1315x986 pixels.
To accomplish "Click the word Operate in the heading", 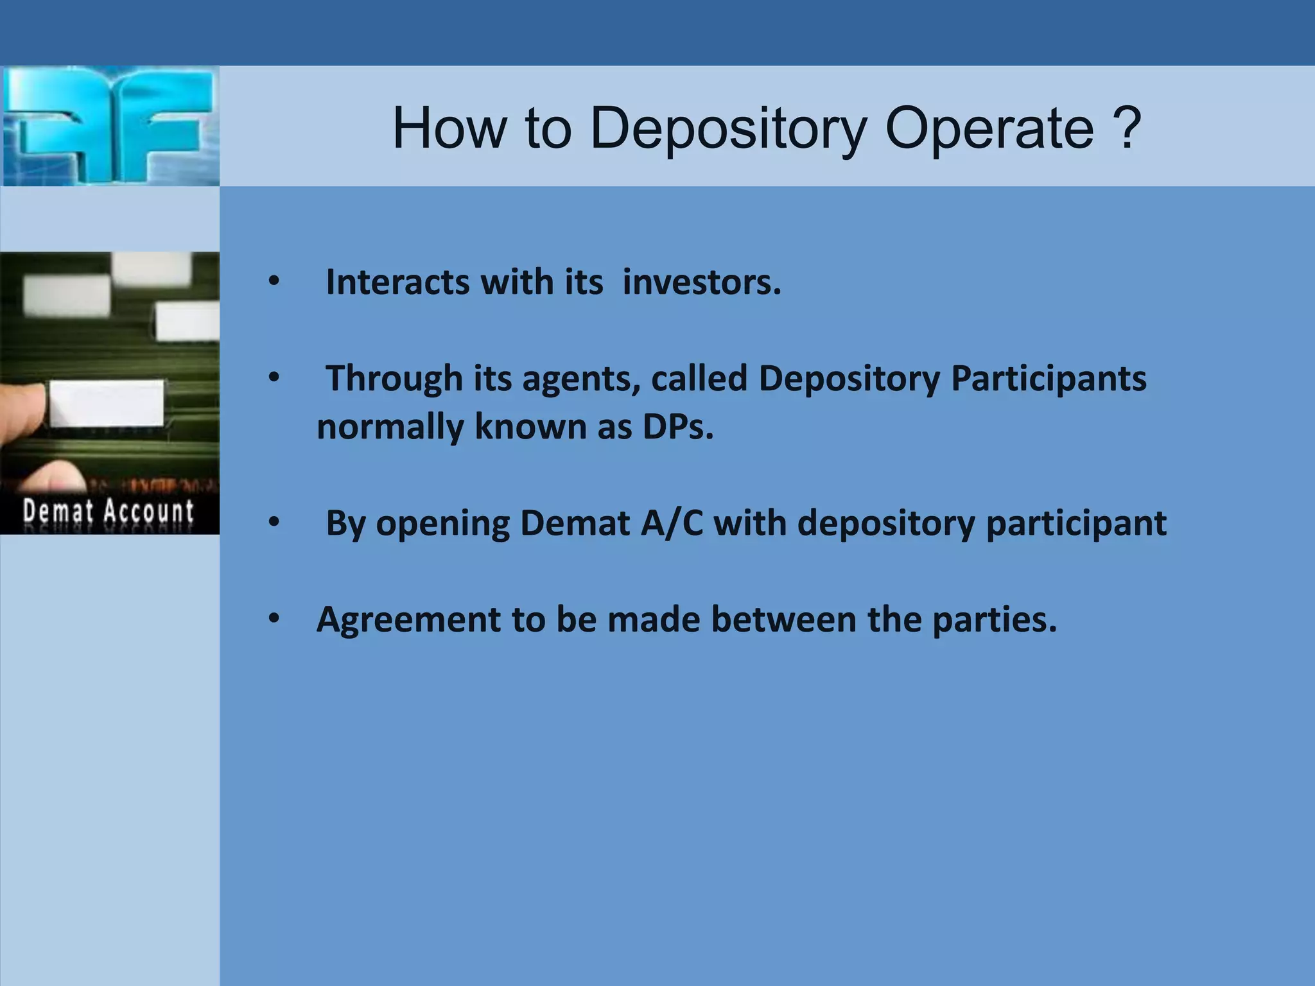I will (989, 128).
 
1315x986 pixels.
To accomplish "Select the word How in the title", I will (449, 128).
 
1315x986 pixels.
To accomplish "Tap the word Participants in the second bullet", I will (1048, 378).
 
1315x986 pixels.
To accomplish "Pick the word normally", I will (389, 428).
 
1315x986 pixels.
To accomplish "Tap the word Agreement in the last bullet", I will (408, 620).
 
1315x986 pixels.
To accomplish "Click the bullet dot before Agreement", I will (274, 619).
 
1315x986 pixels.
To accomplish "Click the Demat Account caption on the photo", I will (108, 512).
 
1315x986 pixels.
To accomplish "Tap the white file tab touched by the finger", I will (107, 403).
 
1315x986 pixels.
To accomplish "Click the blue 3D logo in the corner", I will (109, 126).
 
